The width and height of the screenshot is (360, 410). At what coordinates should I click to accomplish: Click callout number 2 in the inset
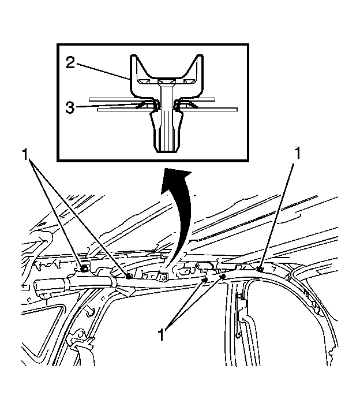[70, 63]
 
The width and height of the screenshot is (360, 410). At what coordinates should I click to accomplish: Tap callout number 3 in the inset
[70, 107]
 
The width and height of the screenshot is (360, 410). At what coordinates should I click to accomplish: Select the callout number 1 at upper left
[25, 154]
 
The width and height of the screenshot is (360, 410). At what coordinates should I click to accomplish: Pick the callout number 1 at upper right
[297, 153]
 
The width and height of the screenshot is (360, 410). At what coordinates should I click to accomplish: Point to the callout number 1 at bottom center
[162, 334]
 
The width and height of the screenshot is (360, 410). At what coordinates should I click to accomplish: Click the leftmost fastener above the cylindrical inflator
[84, 269]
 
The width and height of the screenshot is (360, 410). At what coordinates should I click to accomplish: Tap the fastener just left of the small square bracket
[129, 277]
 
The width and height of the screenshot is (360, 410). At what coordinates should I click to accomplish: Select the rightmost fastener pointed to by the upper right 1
[260, 269]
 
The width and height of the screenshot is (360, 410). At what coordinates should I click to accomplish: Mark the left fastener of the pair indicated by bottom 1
[205, 280]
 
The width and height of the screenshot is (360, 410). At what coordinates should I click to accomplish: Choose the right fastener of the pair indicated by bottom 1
[223, 277]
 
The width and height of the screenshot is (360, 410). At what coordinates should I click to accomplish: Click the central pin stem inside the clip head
[166, 97]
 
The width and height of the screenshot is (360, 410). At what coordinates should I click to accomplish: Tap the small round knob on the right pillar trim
[238, 335]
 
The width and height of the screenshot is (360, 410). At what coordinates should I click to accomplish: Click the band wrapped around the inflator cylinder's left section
[66, 284]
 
